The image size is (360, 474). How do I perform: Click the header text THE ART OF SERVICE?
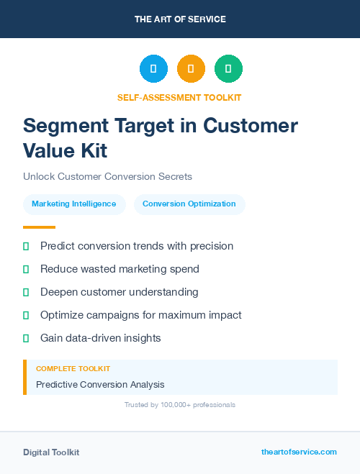pos(180,19)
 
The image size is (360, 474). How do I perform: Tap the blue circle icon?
pos(153,69)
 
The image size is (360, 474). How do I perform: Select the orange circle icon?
pos(191,69)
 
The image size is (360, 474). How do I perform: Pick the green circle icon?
pos(228,69)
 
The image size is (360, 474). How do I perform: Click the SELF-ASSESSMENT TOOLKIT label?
pos(180,97)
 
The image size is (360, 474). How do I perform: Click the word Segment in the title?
pos(65,125)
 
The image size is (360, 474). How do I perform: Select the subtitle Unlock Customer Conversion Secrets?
pos(107,176)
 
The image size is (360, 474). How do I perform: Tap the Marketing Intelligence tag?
pos(74,204)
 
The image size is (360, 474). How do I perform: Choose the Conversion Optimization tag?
pos(189,204)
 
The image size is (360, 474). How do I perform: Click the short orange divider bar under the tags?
pos(39,227)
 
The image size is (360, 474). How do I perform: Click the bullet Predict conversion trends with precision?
pos(137,246)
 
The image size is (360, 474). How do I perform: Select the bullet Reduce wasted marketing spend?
pos(120,269)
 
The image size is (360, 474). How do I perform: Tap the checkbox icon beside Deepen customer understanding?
pos(26,293)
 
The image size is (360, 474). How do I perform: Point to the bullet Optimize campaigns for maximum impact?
pos(141,315)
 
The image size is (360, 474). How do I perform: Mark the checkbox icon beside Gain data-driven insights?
pos(26,338)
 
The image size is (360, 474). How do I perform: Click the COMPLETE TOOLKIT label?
pos(73,368)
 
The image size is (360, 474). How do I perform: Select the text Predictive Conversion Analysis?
pos(100,385)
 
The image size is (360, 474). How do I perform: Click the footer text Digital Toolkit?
pos(51,452)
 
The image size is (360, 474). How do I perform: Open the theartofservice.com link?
pos(299,452)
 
